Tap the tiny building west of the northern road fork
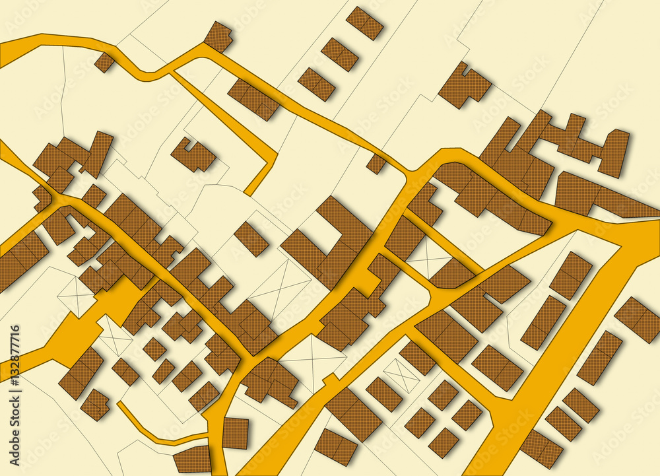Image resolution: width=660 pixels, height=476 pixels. tap(104, 62)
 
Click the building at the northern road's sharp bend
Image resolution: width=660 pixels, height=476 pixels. tap(218, 36)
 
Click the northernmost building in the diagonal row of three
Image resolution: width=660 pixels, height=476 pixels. tap(364, 22)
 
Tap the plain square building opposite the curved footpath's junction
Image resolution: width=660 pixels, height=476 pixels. tap(236, 433)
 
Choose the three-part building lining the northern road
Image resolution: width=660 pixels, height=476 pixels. tap(254, 99)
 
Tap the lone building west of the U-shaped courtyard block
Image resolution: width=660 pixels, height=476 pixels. tap(251, 238)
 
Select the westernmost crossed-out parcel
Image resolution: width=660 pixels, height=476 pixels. tap(77, 294)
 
